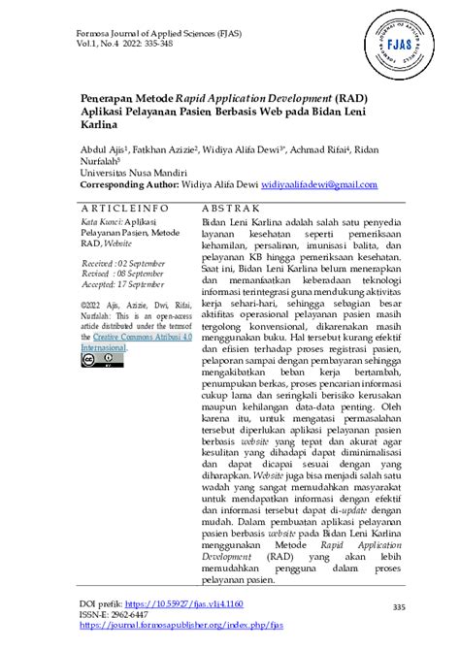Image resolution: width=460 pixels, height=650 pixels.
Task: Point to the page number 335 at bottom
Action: pos(397,607)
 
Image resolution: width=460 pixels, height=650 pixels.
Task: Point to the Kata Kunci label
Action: pos(101,222)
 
